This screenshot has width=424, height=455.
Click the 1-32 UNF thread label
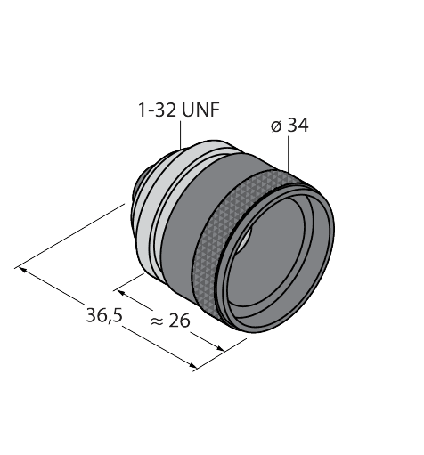pyautogui.click(x=179, y=110)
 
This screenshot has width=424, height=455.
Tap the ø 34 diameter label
pyautogui.click(x=289, y=126)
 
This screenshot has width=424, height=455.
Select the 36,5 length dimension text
pyautogui.click(x=104, y=315)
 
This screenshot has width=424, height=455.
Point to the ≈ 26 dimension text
pyautogui.click(x=170, y=321)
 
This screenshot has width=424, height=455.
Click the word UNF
pyautogui.click(x=200, y=110)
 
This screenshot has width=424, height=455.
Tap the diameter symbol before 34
pyautogui.click(x=276, y=126)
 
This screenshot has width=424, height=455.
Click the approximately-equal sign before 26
pyautogui.click(x=157, y=321)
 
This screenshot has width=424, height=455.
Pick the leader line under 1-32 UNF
pyautogui.click(x=181, y=134)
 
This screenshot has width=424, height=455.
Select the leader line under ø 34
pyautogui.click(x=288, y=154)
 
